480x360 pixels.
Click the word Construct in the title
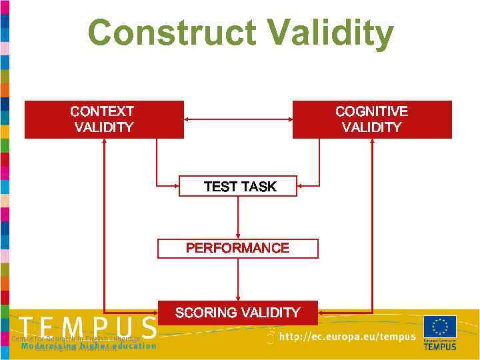(x=170, y=33)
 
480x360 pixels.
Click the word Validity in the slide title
(x=324, y=33)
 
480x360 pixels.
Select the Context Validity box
(x=104, y=119)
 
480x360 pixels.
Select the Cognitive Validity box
(x=372, y=119)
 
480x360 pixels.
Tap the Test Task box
(x=238, y=186)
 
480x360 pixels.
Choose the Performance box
(x=238, y=248)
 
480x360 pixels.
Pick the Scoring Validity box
(x=238, y=313)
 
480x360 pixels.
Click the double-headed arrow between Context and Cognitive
(x=238, y=119)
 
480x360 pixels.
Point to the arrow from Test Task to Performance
(x=238, y=217)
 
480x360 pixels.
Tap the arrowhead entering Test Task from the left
(x=175, y=186)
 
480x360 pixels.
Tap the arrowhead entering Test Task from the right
(x=301, y=186)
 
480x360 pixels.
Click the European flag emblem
(x=440, y=327)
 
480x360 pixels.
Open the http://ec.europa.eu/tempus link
(x=347, y=337)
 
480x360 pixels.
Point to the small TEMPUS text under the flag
(x=440, y=346)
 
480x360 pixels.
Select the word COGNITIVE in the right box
(x=372, y=111)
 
